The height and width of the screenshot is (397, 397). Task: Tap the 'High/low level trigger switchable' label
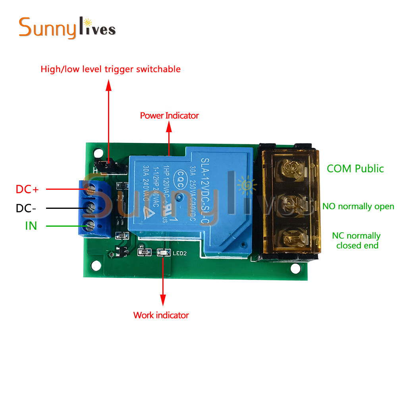point(110,69)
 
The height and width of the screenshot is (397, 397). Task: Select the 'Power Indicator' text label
point(169,116)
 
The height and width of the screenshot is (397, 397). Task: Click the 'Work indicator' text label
point(161,315)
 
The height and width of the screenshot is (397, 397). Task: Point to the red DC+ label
point(27,189)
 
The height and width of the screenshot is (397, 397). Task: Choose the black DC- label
point(26,208)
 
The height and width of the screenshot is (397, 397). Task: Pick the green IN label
point(31,225)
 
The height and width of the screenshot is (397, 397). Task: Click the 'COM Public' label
point(355,168)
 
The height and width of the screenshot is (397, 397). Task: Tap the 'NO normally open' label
point(358,206)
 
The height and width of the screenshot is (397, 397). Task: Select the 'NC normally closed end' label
point(357,241)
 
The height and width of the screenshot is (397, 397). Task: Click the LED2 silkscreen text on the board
point(179,253)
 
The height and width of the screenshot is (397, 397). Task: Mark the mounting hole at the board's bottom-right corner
point(295,268)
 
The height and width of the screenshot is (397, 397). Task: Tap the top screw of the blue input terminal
point(91,190)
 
